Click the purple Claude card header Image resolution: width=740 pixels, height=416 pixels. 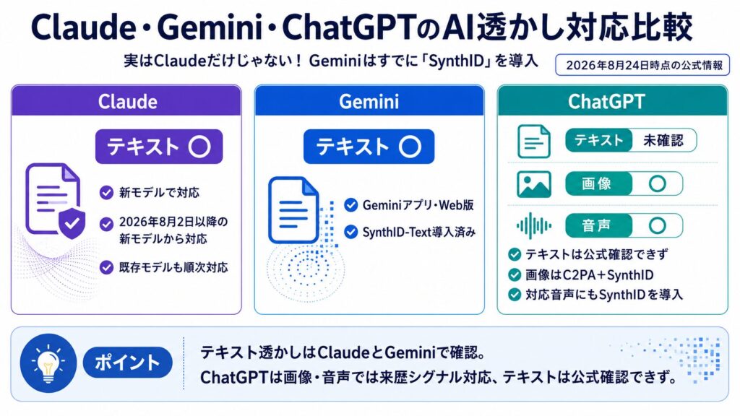pyautogui.click(x=126, y=100)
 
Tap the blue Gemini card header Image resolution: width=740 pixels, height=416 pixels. pyautogui.click(x=369, y=100)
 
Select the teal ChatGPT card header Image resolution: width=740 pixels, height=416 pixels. pyautogui.click(x=613, y=100)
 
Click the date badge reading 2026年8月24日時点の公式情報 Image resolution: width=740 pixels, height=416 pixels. pyautogui.click(x=642, y=64)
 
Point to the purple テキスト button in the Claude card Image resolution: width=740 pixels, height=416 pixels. pyautogui.click(x=159, y=147)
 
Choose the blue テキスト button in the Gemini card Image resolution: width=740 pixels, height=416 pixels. pyautogui.click(x=369, y=147)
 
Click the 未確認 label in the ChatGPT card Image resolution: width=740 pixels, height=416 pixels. pyautogui.click(x=663, y=140)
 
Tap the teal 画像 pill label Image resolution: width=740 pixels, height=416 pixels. pyautogui.click(x=598, y=183)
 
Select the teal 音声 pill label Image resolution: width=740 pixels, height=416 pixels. pyautogui.click(x=598, y=225)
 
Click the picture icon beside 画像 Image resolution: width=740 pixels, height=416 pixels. pyautogui.click(x=534, y=184)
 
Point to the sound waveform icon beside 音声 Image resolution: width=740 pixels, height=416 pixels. pyautogui.click(x=534, y=225)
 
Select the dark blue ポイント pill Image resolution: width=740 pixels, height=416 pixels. pyautogui.click(x=127, y=363)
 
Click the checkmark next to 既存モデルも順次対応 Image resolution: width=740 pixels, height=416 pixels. pyautogui.click(x=107, y=267)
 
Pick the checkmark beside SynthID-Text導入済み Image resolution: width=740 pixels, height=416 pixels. pyautogui.click(x=350, y=232)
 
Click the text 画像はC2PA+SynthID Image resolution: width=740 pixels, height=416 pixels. pyautogui.click(x=590, y=275)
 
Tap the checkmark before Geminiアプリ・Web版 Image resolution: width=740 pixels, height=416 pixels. pyautogui.click(x=350, y=204)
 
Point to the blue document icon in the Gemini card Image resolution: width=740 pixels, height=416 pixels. pyautogui.click(x=293, y=210)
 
